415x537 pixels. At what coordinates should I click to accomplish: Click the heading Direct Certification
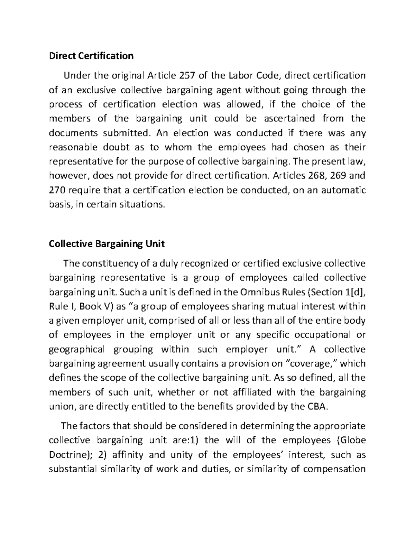click(x=91, y=56)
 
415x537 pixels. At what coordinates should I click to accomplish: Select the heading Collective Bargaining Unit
click(x=107, y=244)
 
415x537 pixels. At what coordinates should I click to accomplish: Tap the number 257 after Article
click(x=188, y=75)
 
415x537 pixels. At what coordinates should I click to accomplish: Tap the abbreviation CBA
click(x=316, y=407)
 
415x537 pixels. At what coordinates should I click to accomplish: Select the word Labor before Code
click(x=243, y=75)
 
